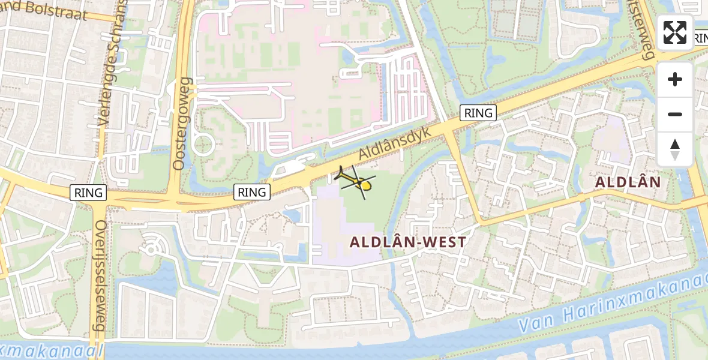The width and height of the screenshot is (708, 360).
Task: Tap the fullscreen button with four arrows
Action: coord(675,32)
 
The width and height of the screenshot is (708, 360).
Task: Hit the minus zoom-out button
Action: coord(675,114)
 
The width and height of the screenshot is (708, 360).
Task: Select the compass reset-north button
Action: coord(675,149)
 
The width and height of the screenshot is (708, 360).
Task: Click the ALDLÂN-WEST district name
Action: coord(407,242)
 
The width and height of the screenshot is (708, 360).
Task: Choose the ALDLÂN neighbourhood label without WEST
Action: coord(628,182)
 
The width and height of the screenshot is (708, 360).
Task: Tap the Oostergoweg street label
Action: coord(182,122)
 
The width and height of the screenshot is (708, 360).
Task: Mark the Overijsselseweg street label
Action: coord(100,275)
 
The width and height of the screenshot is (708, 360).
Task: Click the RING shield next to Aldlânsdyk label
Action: coord(478,112)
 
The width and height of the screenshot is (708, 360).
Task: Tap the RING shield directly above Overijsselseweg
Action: coord(88,193)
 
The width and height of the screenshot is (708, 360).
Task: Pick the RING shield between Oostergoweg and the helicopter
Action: coord(251,192)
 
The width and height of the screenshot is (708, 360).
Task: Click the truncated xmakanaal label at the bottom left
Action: coord(51,350)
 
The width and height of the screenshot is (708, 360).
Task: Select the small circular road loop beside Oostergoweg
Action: coord(203,145)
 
